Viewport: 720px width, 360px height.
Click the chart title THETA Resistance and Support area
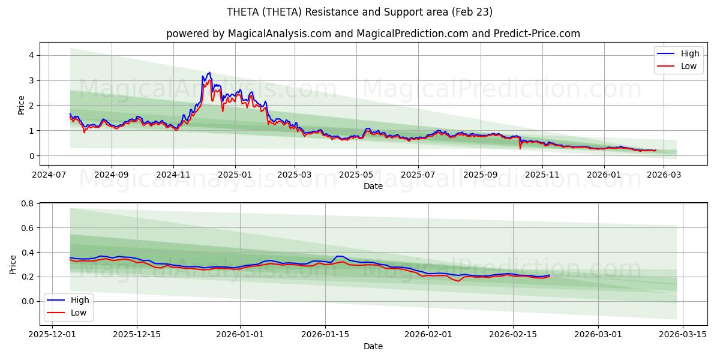click(360, 12)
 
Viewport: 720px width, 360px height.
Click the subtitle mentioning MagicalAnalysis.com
click(373, 34)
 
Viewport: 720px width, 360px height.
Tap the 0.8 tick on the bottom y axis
click(27, 203)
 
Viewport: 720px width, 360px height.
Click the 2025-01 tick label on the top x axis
click(235, 175)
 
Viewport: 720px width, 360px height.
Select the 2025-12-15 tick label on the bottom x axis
click(137, 334)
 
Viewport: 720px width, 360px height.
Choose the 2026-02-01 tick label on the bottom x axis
click(428, 334)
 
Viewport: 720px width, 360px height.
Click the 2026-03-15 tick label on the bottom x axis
click(684, 334)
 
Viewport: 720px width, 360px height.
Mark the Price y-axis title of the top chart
click(22, 104)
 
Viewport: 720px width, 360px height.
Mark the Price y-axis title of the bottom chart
click(13, 265)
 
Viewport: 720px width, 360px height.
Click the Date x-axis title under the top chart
click(373, 186)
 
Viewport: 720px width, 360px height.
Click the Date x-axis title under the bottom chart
click(373, 346)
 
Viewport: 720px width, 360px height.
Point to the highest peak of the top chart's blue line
click(209, 73)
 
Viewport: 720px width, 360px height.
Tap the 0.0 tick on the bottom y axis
click(27, 301)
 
